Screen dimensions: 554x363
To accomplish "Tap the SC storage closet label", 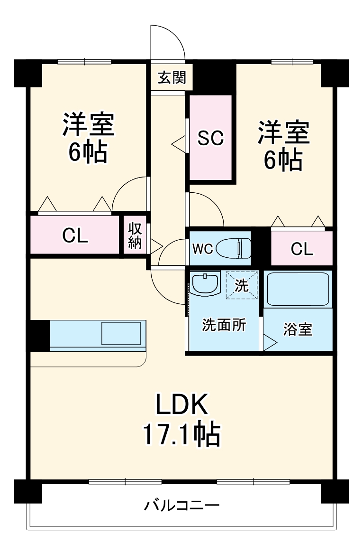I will (x=210, y=138).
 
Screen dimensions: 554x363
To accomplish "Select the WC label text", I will (x=202, y=248).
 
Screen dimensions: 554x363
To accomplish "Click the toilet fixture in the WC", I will (x=233, y=248).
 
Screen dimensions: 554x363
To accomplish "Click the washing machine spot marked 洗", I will (x=242, y=286).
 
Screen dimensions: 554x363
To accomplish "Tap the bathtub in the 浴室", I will (x=298, y=290).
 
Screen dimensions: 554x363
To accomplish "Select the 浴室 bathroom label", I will (x=298, y=329).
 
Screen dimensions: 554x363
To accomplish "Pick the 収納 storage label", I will (x=135, y=235).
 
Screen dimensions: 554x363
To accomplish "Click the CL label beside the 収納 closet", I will (x=75, y=236).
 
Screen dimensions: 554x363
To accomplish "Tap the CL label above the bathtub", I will (x=302, y=249).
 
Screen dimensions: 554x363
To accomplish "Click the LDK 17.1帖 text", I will (x=181, y=420).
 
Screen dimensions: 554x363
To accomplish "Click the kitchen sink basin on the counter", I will (x=120, y=333).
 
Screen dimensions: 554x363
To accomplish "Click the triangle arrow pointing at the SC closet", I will (x=178, y=142).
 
